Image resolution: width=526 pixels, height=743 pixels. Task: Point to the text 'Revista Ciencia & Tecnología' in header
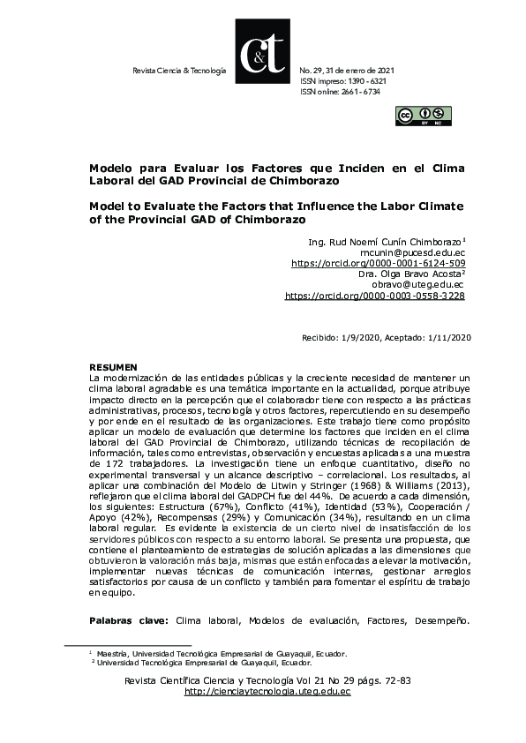178,69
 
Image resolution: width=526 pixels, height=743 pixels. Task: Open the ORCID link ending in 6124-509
378,262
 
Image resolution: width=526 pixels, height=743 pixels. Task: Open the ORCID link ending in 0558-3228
375,296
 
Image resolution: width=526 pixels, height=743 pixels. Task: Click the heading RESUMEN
114,365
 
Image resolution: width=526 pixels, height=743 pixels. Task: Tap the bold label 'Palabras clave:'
130,620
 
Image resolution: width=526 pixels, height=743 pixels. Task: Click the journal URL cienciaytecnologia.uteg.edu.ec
267,692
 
